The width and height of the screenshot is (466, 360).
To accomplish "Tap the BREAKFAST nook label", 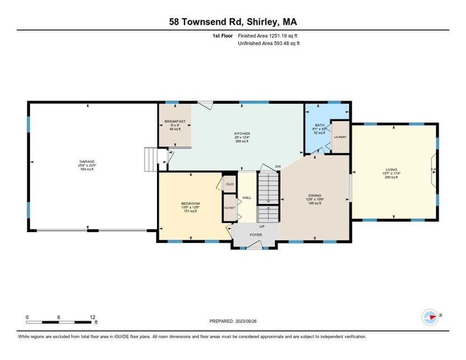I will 175,121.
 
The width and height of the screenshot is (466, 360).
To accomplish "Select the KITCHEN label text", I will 242,134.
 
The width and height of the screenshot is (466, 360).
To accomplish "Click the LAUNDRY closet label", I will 340,137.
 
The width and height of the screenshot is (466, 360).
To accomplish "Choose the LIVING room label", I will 391,170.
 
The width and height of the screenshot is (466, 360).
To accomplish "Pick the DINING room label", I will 314,195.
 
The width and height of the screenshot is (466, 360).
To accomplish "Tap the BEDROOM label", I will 190,203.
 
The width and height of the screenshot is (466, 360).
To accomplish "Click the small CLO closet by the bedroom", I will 230,184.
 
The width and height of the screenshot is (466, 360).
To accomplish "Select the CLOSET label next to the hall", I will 229,208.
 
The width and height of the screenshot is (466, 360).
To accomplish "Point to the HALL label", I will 247,198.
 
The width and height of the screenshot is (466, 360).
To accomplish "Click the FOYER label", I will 256,235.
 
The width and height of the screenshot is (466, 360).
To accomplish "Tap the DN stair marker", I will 278,166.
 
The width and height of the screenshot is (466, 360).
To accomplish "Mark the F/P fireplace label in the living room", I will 434,170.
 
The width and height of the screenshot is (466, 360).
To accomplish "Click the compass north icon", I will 430,317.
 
